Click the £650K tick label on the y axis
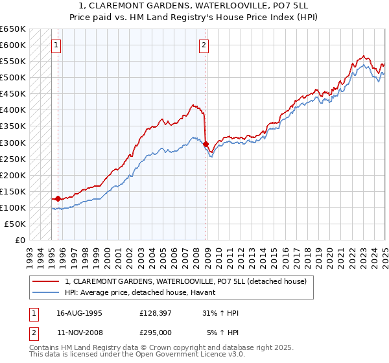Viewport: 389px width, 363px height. [x=13, y=29]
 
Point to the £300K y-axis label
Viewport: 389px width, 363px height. [x=13, y=143]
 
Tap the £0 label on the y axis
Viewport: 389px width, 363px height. [x=20, y=240]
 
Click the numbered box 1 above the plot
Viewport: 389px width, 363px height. [x=56, y=45]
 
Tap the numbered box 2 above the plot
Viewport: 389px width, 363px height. [x=204, y=45]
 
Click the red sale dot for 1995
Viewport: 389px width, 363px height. [x=58, y=198]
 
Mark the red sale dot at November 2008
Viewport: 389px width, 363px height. [x=205, y=144]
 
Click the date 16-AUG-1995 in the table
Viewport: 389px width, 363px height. [x=79, y=312]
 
